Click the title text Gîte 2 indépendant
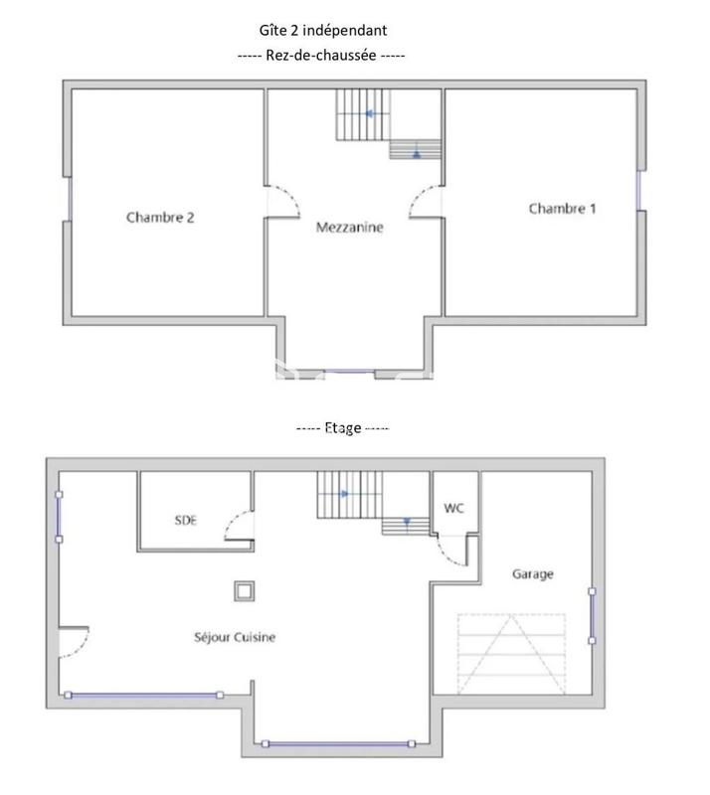pyautogui.click(x=321, y=31)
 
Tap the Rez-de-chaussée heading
pyautogui.click(x=321, y=56)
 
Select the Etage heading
pyautogui.click(x=342, y=427)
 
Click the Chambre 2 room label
pyautogui.click(x=160, y=218)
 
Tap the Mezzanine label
pyautogui.click(x=349, y=228)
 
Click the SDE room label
pyautogui.click(x=185, y=520)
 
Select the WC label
pyautogui.click(x=453, y=508)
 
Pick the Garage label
pyautogui.click(x=532, y=574)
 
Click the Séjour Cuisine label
pyautogui.click(x=236, y=637)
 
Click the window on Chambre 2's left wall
pyautogui.click(x=69, y=198)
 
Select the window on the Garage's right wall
pyautogui.click(x=592, y=616)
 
